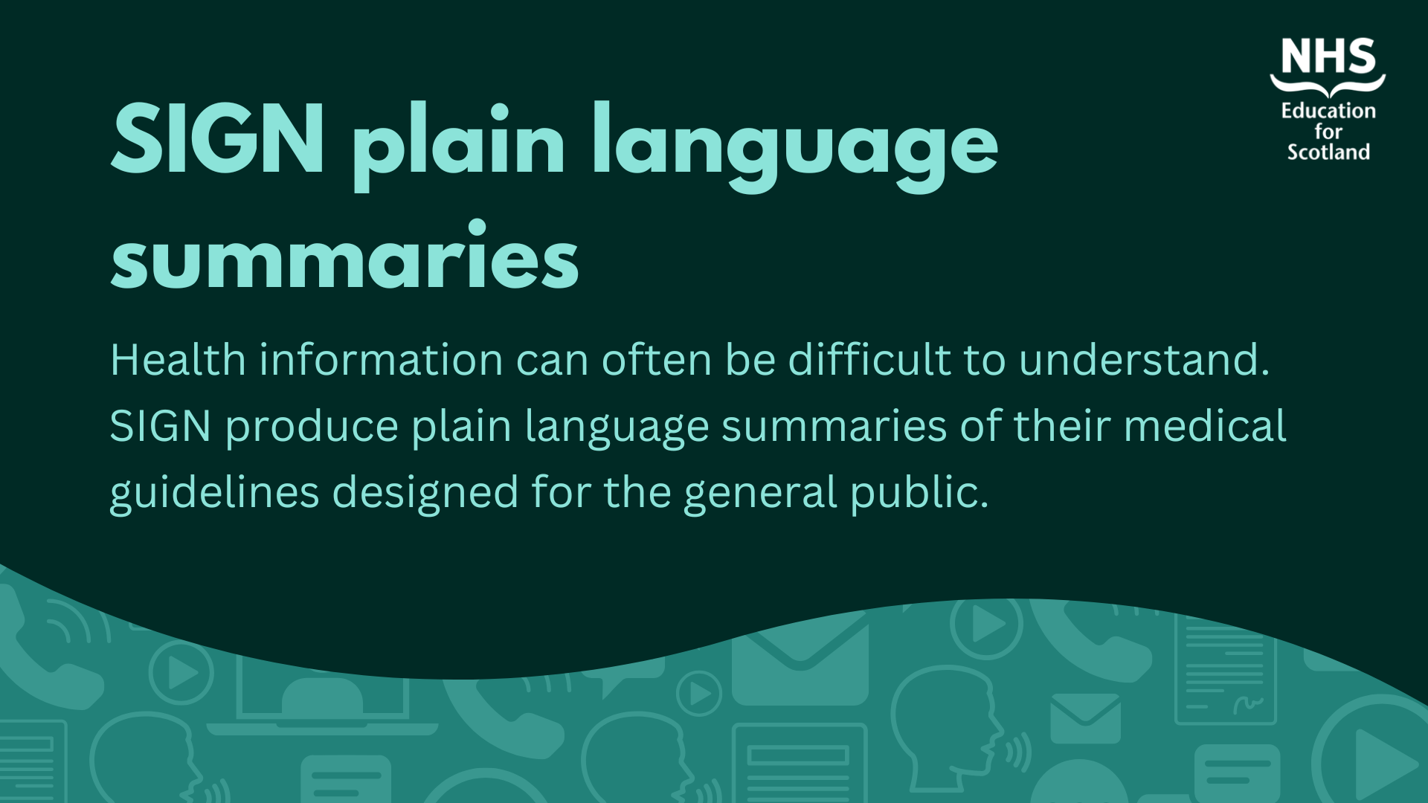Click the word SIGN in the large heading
(x=217, y=138)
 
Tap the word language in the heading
(x=795, y=147)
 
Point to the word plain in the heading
(x=459, y=147)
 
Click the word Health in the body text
(x=178, y=360)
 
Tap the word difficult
(x=869, y=360)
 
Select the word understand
(x=1144, y=360)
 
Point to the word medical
(x=1205, y=426)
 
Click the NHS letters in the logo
(x=1328, y=57)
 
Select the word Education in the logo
(x=1328, y=111)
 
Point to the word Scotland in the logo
(x=1328, y=152)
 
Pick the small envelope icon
(x=1086, y=718)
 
